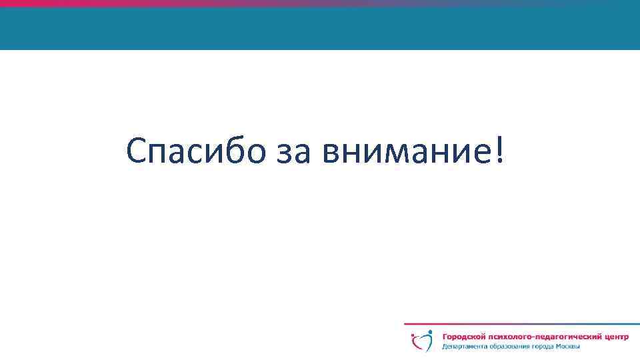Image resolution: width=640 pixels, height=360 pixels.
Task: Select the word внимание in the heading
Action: click(x=406, y=153)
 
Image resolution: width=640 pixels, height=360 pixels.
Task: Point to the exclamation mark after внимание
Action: click(x=500, y=151)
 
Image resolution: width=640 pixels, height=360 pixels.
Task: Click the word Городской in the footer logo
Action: click(x=465, y=337)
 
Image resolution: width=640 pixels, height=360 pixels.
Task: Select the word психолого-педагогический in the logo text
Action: click(x=545, y=337)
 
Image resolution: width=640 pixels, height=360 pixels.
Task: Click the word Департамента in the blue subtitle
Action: click(x=464, y=347)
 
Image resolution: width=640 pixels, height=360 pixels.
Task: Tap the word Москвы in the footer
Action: click(x=571, y=347)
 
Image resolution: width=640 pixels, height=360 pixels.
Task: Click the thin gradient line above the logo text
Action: click(x=520, y=325)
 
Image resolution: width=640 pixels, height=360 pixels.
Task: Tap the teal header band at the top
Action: click(x=320, y=28)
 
